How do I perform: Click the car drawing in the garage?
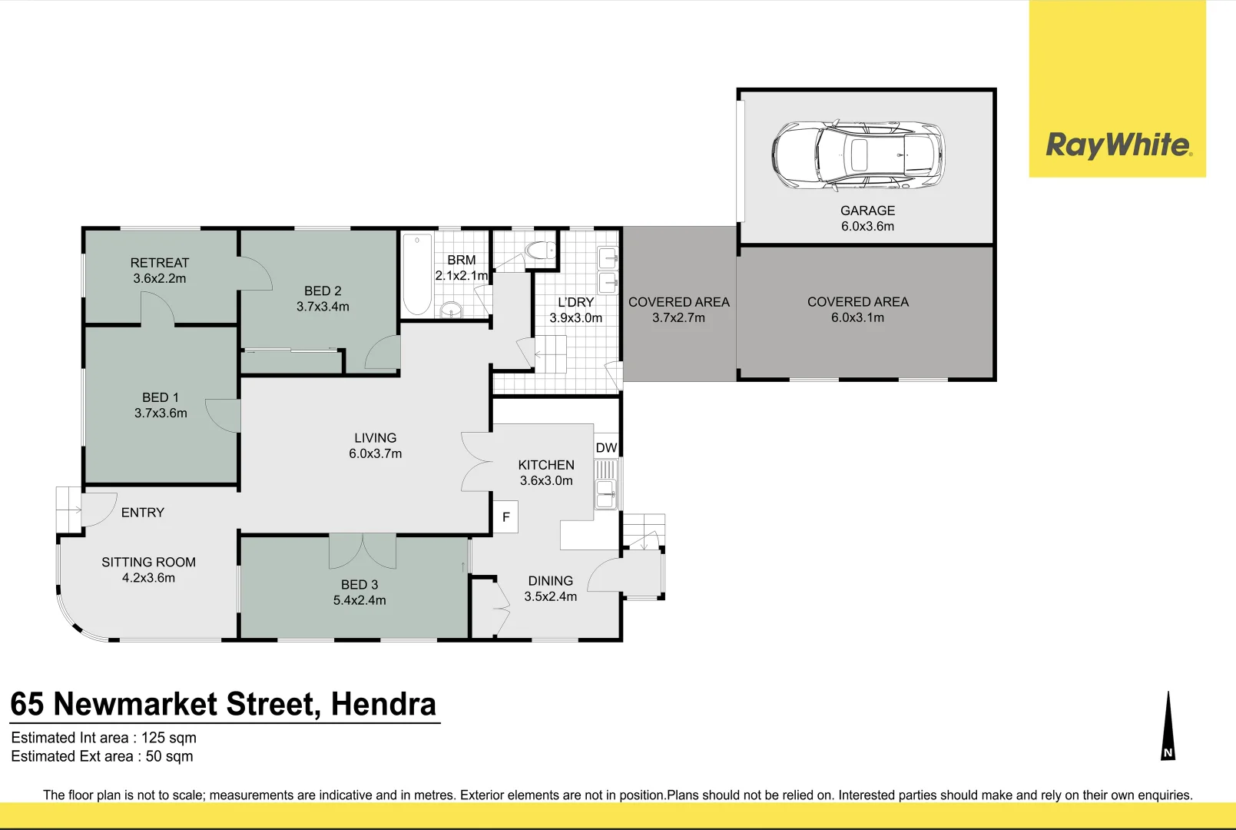[858, 155]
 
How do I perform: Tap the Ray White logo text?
[1118, 145]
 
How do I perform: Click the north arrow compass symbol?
[1168, 725]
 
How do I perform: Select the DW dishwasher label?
[606, 447]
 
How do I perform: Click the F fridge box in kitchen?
[506, 516]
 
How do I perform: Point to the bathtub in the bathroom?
[417, 274]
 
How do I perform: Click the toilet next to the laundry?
[540, 251]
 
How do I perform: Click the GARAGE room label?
[867, 211]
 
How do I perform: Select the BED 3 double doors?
[363, 551]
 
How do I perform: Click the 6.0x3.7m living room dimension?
[375, 453]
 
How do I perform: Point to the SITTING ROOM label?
[148, 562]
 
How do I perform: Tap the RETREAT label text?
[160, 263]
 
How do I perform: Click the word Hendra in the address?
[383, 704]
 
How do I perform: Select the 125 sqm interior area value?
[169, 738]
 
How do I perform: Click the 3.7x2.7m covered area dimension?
[679, 318]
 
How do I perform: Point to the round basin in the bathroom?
[452, 309]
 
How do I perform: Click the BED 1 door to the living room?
[223, 416]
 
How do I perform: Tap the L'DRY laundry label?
[575, 303]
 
